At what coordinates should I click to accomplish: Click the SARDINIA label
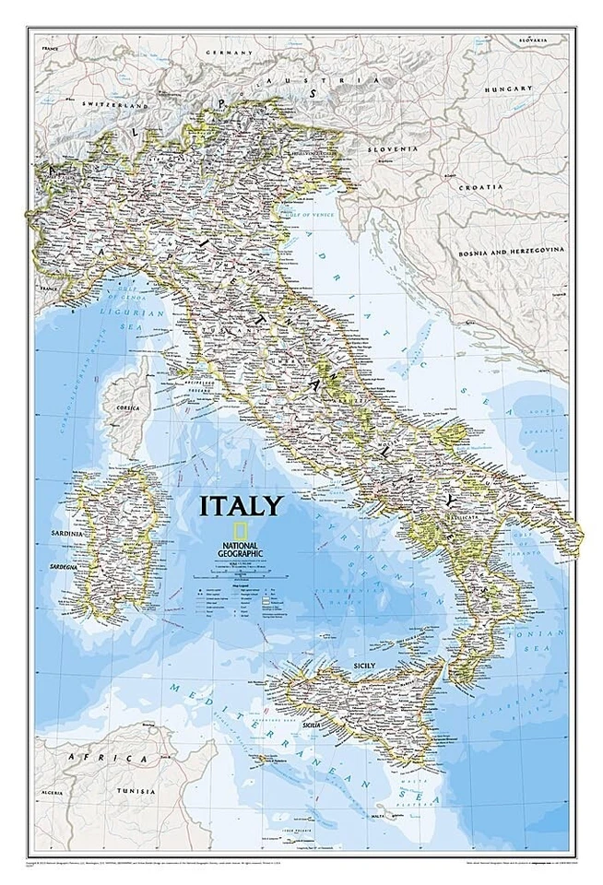click(62, 534)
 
